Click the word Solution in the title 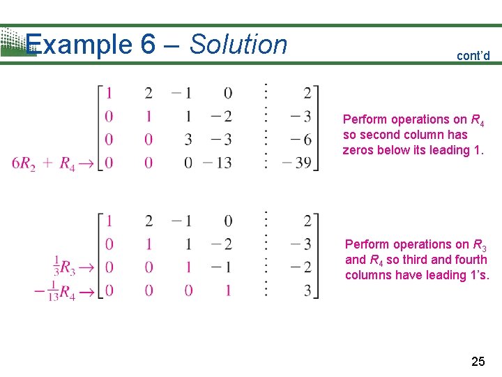pyautogui.click(x=238, y=45)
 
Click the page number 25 pyautogui.click(x=478, y=361)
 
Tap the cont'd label pyautogui.click(x=473, y=56)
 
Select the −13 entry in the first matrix pyautogui.click(x=218, y=163)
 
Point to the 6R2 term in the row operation pyautogui.click(x=24, y=165)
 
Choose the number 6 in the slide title pyautogui.click(x=148, y=45)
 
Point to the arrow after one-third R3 pyautogui.click(x=86, y=267)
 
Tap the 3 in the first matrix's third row pyautogui.click(x=188, y=140)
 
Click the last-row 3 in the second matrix pyautogui.click(x=307, y=290)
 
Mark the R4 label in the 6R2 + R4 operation pyautogui.click(x=67, y=165)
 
